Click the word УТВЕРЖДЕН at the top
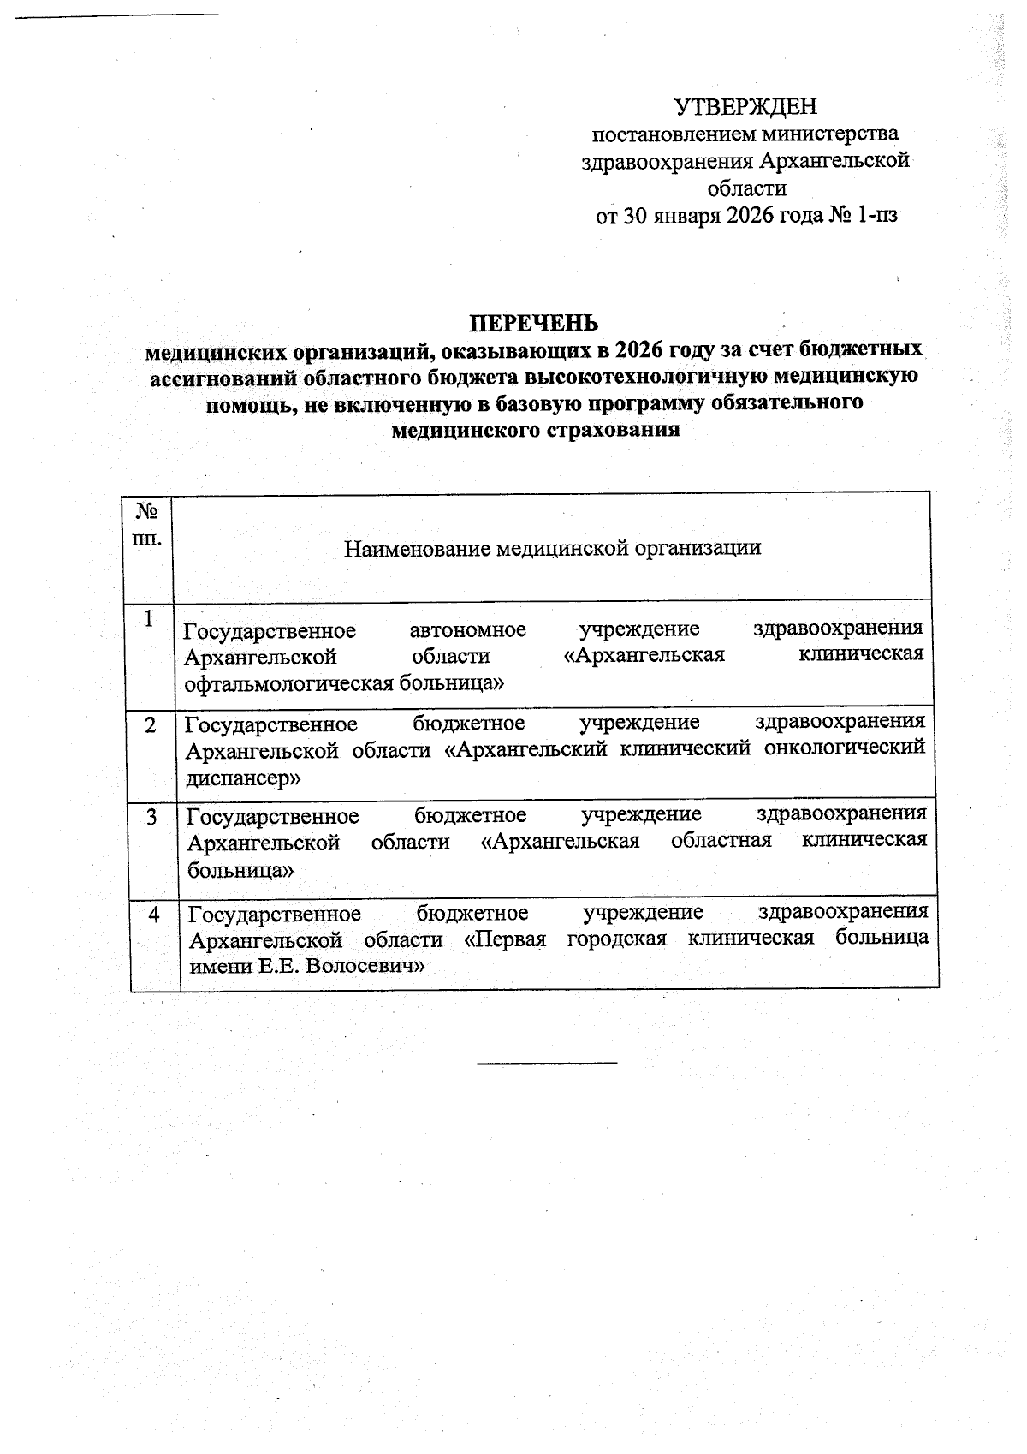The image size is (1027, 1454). pos(745,107)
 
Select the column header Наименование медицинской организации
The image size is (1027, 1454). pos(552,547)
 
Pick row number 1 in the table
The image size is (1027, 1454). pos(150,618)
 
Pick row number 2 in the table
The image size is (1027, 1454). pos(151,724)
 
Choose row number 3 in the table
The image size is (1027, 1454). pos(151,817)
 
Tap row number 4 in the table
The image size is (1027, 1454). pos(153,915)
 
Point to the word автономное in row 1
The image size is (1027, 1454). pos(467,630)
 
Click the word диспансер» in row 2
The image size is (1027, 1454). pos(243,778)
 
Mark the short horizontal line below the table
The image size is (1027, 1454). pos(546,1063)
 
